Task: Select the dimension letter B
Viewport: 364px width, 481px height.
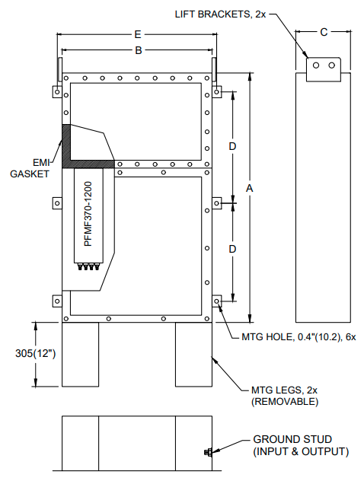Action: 138,51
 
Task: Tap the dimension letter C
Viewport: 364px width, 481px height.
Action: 324,32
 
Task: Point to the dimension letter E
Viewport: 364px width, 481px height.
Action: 137,35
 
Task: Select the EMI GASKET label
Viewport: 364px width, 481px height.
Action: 30,167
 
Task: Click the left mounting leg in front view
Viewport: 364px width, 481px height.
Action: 80,355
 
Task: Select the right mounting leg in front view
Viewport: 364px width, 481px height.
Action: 193,355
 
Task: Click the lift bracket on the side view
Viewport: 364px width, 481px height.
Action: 324,69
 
